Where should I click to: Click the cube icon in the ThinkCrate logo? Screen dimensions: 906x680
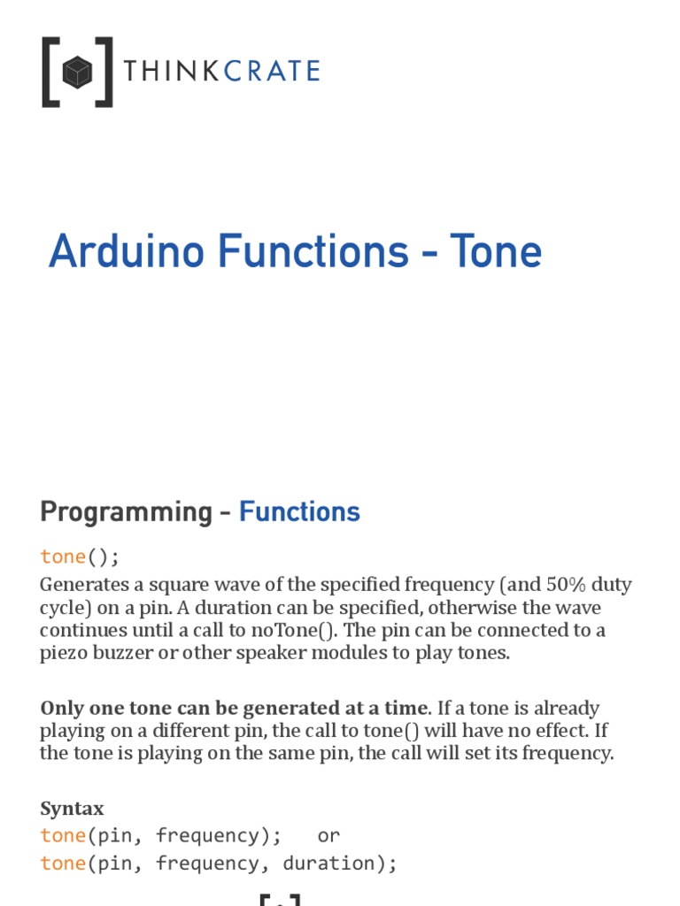pyautogui.click(x=77, y=72)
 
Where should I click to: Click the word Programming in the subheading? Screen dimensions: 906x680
pyautogui.click(x=120, y=512)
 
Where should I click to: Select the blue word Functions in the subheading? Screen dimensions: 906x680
pyautogui.click(x=299, y=512)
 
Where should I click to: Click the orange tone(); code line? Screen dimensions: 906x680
pyautogui.click(x=79, y=557)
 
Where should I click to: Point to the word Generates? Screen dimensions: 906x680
pyautogui.click(x=84, y=585)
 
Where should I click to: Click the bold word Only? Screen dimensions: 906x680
pyautogui.click(x=61, y=709)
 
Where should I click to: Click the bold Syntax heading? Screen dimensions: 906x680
pyautogui.click(x=72, y=809)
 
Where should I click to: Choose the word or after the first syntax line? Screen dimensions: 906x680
pyautogui.click(x=328, y=836)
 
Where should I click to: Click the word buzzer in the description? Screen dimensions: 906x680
pyautogui.click(x=121, y=654)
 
